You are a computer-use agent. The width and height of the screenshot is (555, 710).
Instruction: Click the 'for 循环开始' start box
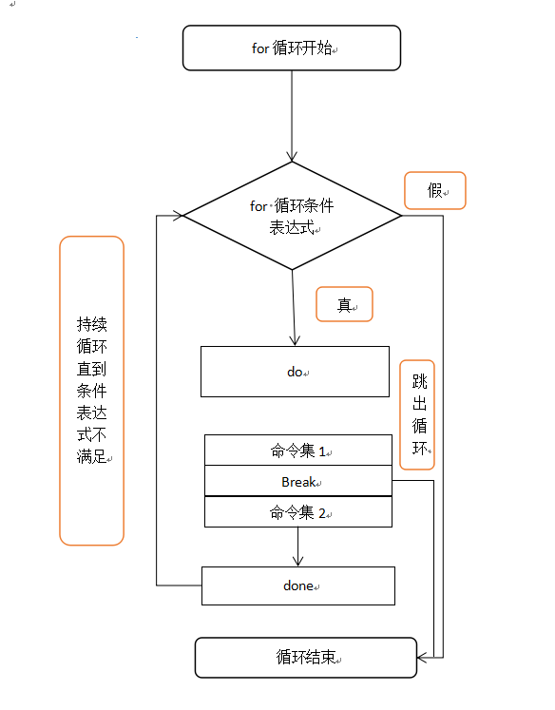[x=291, y=48]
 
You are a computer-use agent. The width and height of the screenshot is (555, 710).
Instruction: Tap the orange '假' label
[x=434, y=190]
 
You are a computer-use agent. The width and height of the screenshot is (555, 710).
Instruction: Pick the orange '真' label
[x=344, y=304]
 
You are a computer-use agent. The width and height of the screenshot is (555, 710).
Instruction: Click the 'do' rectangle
[x=295, y=372]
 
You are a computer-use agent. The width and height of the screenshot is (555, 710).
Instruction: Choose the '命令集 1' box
[x=298, y=451]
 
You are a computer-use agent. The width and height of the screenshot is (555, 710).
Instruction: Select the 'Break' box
[x=298, y=481]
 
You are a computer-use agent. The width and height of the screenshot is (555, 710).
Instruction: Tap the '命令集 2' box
[x=298, y=512]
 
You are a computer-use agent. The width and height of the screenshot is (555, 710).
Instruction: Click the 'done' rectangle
[x=297, y=585]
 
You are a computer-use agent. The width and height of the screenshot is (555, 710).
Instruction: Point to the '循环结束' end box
[x=305, y=658]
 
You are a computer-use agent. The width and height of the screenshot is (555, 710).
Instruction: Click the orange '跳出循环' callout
[x=417, y=414]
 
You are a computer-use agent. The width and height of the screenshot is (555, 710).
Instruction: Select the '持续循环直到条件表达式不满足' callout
[x=91, y=390]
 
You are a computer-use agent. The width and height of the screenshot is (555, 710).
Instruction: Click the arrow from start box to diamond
[x=292, y=114]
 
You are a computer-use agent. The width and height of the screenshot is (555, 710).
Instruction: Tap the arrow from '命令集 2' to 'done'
[x=298, y=547]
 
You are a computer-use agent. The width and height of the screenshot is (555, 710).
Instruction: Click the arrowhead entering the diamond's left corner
[x=177, y=216]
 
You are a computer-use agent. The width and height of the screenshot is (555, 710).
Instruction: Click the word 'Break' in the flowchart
[x=297, y=482]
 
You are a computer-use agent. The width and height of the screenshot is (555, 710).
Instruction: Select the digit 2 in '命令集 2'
[x=322, y=513]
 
